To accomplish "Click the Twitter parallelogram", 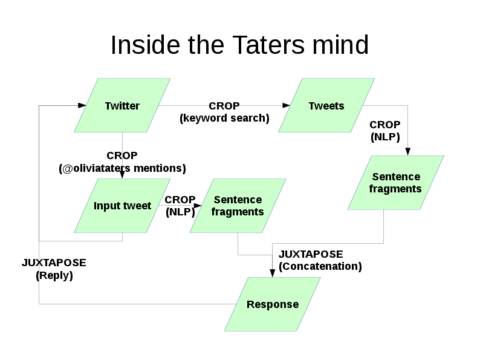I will tap(122, 106).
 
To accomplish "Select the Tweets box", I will tap(326, 106).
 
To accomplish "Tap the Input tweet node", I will tap(122, 206).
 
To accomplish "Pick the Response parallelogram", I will tap(273, 304).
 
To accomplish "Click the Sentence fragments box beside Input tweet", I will tap(238, 206).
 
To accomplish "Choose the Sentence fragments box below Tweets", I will tap(395, 183).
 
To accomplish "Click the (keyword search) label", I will tap(224, 118).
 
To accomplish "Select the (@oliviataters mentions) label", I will tap(122, 168).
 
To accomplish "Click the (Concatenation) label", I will tap(320, 266).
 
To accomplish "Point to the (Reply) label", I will tap(54, 275).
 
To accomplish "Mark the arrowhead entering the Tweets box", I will tap(287, 106).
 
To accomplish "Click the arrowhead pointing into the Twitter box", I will tap(82, 106).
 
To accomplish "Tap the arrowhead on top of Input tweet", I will tap(122, 175).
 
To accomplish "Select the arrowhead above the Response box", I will tap(273, 273).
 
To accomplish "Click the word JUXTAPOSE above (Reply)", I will tap(54, 263).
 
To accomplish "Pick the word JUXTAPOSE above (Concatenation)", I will tap(311, 254).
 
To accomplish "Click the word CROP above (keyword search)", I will tap(224, 106).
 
